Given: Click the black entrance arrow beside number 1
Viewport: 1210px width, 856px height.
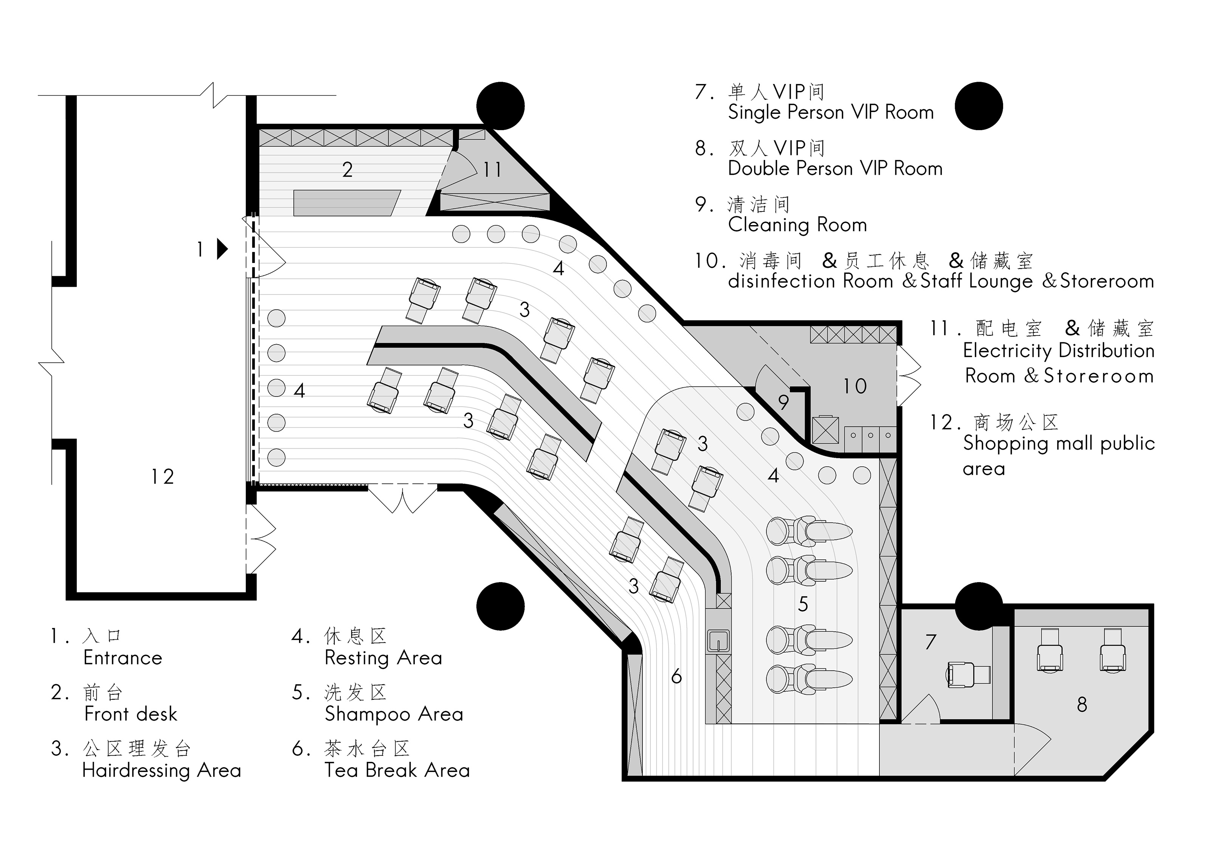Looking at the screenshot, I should point(222,249).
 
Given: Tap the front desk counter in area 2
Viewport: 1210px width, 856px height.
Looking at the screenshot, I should point(346,203).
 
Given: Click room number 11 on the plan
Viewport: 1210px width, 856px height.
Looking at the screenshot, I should point(492,170).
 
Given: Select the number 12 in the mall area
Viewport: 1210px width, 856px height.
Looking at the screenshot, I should point(162,477).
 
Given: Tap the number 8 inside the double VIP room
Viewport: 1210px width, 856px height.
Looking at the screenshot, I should point(1082,705).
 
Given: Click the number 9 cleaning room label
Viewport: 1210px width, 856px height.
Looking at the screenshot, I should point(783,403).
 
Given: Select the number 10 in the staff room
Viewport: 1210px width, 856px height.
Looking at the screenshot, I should point(854,386).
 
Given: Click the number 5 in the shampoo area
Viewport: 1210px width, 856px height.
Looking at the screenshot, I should point(803,604).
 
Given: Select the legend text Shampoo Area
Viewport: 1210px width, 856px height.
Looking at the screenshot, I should point(394,714).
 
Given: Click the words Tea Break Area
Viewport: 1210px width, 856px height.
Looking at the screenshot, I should point(397,771).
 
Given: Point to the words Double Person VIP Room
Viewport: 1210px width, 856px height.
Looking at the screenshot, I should point(835,169).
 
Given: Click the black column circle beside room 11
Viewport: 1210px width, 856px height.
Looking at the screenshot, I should point(500,106).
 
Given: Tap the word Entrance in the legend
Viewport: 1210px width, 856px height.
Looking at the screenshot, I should point(123,658).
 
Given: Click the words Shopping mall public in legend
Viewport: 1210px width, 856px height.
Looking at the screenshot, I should point(1058,444).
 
